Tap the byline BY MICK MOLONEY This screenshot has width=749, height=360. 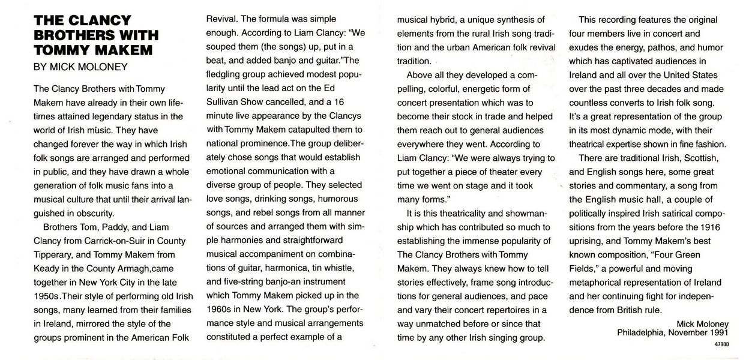click(80, 67)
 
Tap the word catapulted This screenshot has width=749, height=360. click(318, 130)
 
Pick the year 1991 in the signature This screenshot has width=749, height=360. click(718, 331)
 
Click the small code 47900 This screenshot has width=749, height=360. click(722, 344)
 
